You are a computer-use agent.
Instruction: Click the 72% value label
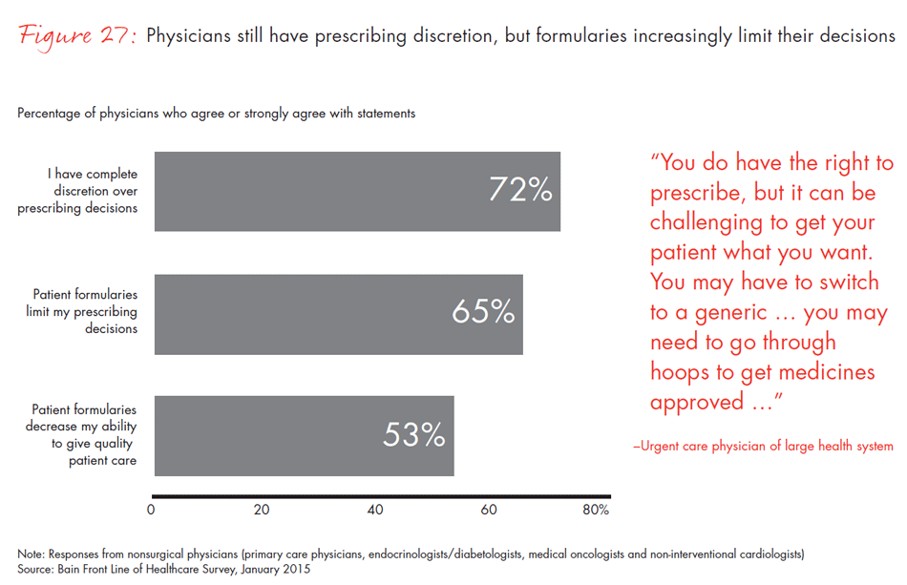click(x=520, y=190)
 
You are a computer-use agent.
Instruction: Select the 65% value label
click(x=483, y=312)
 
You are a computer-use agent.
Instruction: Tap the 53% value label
click(x=414, y=435)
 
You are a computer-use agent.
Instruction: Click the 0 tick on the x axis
click(x=152, y=510)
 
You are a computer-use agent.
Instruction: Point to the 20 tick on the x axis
click(x=262, y=510)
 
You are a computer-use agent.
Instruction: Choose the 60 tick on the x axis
click(x=488, y=510)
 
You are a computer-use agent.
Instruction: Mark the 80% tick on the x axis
click(x=596, y=510)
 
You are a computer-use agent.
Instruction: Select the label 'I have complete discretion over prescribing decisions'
click(x=78, y=191)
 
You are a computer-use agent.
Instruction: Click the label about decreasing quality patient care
click(x=82, y=435)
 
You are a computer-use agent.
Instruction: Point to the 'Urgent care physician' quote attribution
click(x=763, y=446)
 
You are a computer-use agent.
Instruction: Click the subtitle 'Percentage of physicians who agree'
click(x=216, y=114)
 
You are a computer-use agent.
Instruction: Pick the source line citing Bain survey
click(x=164, y=569)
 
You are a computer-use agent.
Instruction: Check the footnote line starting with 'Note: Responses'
click(x=411, y=554)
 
